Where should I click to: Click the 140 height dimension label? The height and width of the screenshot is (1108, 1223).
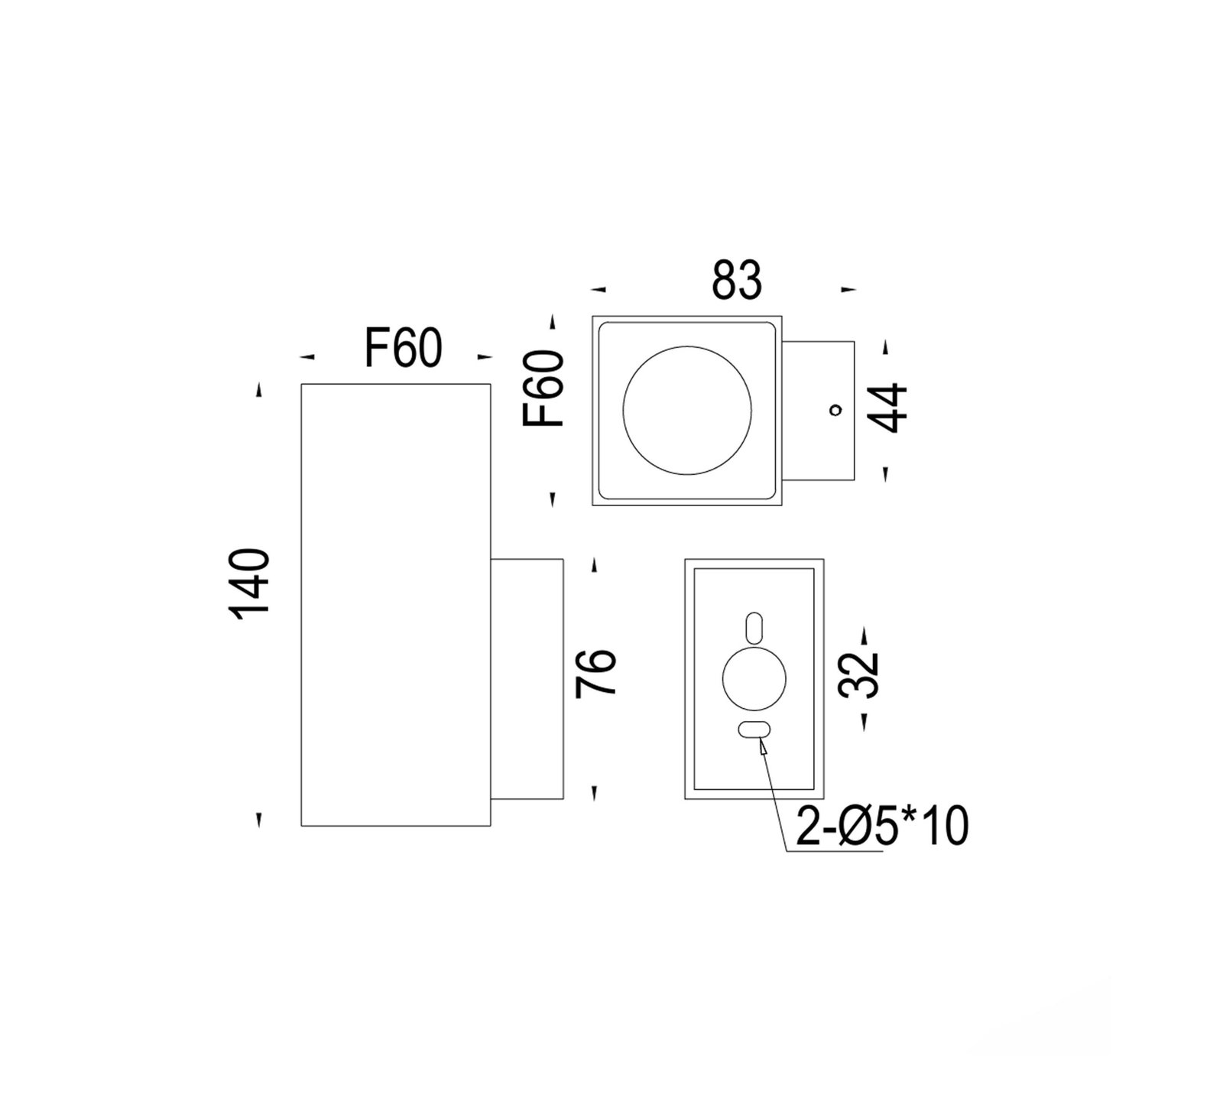pos(252,583)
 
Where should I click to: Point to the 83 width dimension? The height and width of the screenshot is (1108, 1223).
pos(737,280)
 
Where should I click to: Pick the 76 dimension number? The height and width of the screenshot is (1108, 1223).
pos(595,672)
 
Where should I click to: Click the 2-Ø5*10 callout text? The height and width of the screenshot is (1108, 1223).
pos(881,827)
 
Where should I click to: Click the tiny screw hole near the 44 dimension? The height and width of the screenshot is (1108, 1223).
pos(835,410)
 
